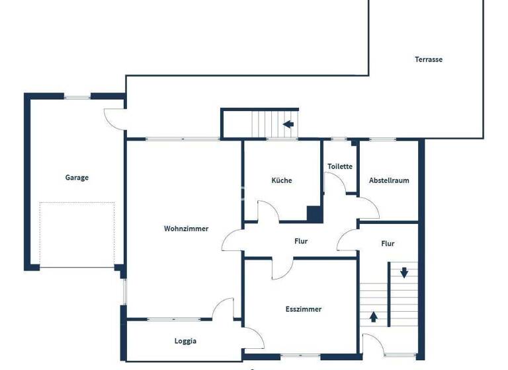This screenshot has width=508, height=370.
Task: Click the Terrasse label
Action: click(429, 59)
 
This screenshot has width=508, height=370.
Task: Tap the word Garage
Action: click(77, 177)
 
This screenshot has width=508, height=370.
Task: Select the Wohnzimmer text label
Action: click(186, 229)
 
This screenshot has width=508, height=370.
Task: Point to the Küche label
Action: click(281, 180)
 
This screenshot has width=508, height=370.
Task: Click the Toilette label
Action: click(340, 167)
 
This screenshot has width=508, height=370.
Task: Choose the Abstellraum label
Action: click(389, 180)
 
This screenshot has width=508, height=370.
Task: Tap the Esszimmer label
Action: click(304, 309)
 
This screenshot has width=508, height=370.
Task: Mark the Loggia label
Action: click(185, 342)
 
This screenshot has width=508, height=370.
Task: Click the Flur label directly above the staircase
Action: click(388, 244)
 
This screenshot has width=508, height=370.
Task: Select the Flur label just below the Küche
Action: click(301, 241)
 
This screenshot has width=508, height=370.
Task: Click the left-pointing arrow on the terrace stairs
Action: click(288, 124)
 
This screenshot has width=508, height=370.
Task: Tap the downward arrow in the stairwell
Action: click(403, 272)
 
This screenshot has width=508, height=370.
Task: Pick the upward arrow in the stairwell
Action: click(373, 316)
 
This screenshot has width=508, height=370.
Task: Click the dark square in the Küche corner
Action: click(314, 214)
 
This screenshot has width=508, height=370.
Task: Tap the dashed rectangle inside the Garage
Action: click(77, 235)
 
